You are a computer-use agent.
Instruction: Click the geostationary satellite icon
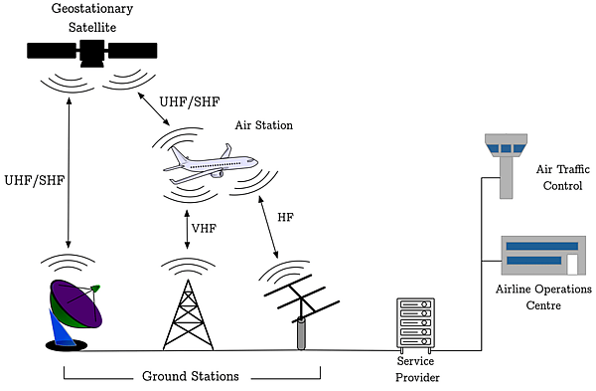92,53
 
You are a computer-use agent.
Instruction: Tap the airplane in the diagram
211,164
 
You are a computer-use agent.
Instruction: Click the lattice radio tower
188,315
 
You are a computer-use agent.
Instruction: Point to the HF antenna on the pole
301,307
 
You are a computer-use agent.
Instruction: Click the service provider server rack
416,324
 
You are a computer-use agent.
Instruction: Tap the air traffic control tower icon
506,165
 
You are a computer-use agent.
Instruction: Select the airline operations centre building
543,255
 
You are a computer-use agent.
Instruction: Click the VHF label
204,229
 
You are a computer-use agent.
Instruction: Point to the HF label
285,218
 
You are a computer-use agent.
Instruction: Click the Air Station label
264,125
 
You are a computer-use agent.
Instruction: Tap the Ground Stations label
191,376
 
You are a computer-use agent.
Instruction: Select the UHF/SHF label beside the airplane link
190,102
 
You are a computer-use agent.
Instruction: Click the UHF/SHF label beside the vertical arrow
35,180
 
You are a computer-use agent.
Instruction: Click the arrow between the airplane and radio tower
187,230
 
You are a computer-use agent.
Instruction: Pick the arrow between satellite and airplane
154,108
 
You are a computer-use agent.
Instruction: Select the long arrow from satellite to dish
69,173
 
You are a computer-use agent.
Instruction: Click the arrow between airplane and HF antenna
268,227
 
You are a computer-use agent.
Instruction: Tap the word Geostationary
92,9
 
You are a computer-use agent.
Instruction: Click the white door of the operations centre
572,265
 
